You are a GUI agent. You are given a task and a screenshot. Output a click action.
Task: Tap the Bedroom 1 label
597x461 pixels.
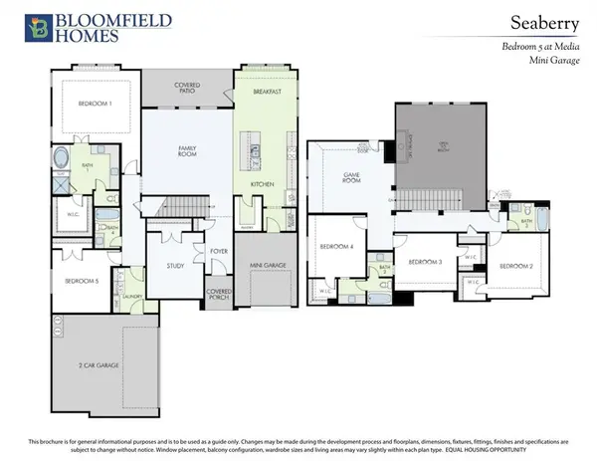click(x=95, y=104)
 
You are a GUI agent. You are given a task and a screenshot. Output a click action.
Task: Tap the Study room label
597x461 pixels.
click(x=161, y=266)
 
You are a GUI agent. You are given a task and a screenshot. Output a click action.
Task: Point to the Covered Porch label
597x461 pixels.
click(x=219, y=296)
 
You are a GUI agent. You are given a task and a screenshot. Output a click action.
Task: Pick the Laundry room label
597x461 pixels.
click(x=129, y=297)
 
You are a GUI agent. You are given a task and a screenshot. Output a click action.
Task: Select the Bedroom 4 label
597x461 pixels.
click(x=336, y=247)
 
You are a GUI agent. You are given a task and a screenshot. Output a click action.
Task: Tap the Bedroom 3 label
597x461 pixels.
click(x=425, y=262)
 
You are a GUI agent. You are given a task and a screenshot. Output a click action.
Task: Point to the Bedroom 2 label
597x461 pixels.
click(x=516, y=266)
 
